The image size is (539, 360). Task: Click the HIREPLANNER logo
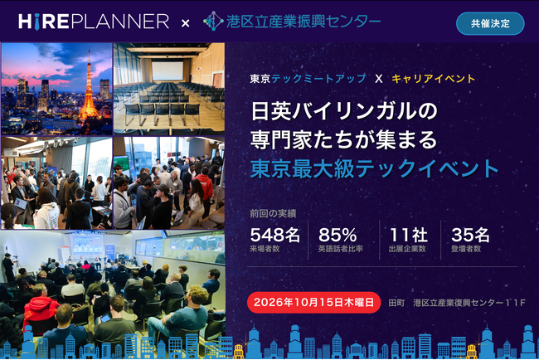coord(94,22)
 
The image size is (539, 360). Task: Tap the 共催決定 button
coord(490,23)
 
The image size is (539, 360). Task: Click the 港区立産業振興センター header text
coord(303,22)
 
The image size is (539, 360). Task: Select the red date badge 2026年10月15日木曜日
coord(313,303)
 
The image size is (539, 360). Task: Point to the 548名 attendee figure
coord(274,236)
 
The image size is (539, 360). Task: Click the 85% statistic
coord(337,236)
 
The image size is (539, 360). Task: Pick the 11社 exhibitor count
coord(408,236)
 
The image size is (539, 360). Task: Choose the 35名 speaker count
coord(470,236)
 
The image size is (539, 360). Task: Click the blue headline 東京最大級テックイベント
coord(374,168)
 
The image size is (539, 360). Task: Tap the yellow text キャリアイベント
coord(433,79)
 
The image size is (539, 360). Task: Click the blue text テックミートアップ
coord(318,79)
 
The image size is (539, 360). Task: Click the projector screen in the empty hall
coord(168,71)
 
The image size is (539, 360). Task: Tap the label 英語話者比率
coord(340,249)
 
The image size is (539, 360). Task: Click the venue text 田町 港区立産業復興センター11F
coord(457,303)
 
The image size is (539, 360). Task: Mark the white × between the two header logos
coord(185,23)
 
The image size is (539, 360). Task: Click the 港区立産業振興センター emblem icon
coord(213,21)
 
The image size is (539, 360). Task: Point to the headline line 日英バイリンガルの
coord(344,111)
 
